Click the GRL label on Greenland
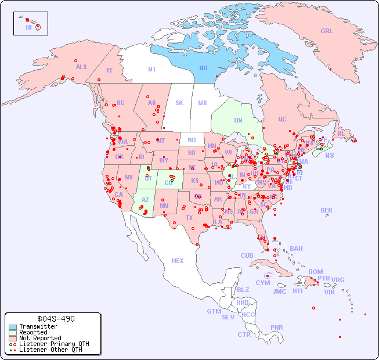pos(327,31)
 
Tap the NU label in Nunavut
pos(204,68)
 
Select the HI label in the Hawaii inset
pos(28,27)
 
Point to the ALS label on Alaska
pos(81,67)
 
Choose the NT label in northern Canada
pos(152,69)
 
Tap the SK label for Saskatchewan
pos(179,103)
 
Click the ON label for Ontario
pos(238,120)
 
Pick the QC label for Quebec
pos(282,119)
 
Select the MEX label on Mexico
pos(178,261)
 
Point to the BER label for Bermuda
pos(327,210)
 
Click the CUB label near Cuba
pos(247,255)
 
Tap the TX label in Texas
pos(189,218)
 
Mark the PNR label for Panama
pos(277,327)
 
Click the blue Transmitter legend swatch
pos(13,327)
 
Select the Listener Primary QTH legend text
pos(53,344)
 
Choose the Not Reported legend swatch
pos(13,338)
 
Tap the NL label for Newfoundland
pos(341,134)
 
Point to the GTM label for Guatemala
pos(214,311)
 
